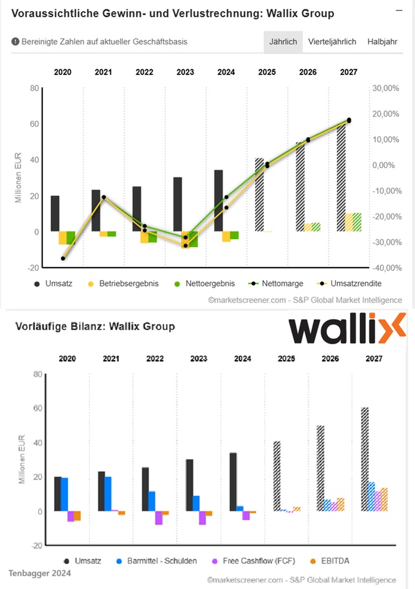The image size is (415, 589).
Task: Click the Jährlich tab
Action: pos(283,42)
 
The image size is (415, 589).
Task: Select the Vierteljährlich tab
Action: pos(332,42)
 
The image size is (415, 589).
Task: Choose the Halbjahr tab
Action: pos(382,42)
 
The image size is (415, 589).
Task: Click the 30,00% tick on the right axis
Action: pos(386,88)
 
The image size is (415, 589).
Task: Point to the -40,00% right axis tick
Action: pos(386,268)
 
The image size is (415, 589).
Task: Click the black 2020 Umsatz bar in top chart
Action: pos(55,214)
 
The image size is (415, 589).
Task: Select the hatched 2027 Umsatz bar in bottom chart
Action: pos(365,459)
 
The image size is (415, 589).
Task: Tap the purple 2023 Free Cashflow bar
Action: pos(202,518)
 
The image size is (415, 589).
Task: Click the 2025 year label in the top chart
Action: pos(267,72)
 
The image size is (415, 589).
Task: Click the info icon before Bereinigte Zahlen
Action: pos(15,42)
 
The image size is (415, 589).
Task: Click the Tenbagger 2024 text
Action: pos(39,573)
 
